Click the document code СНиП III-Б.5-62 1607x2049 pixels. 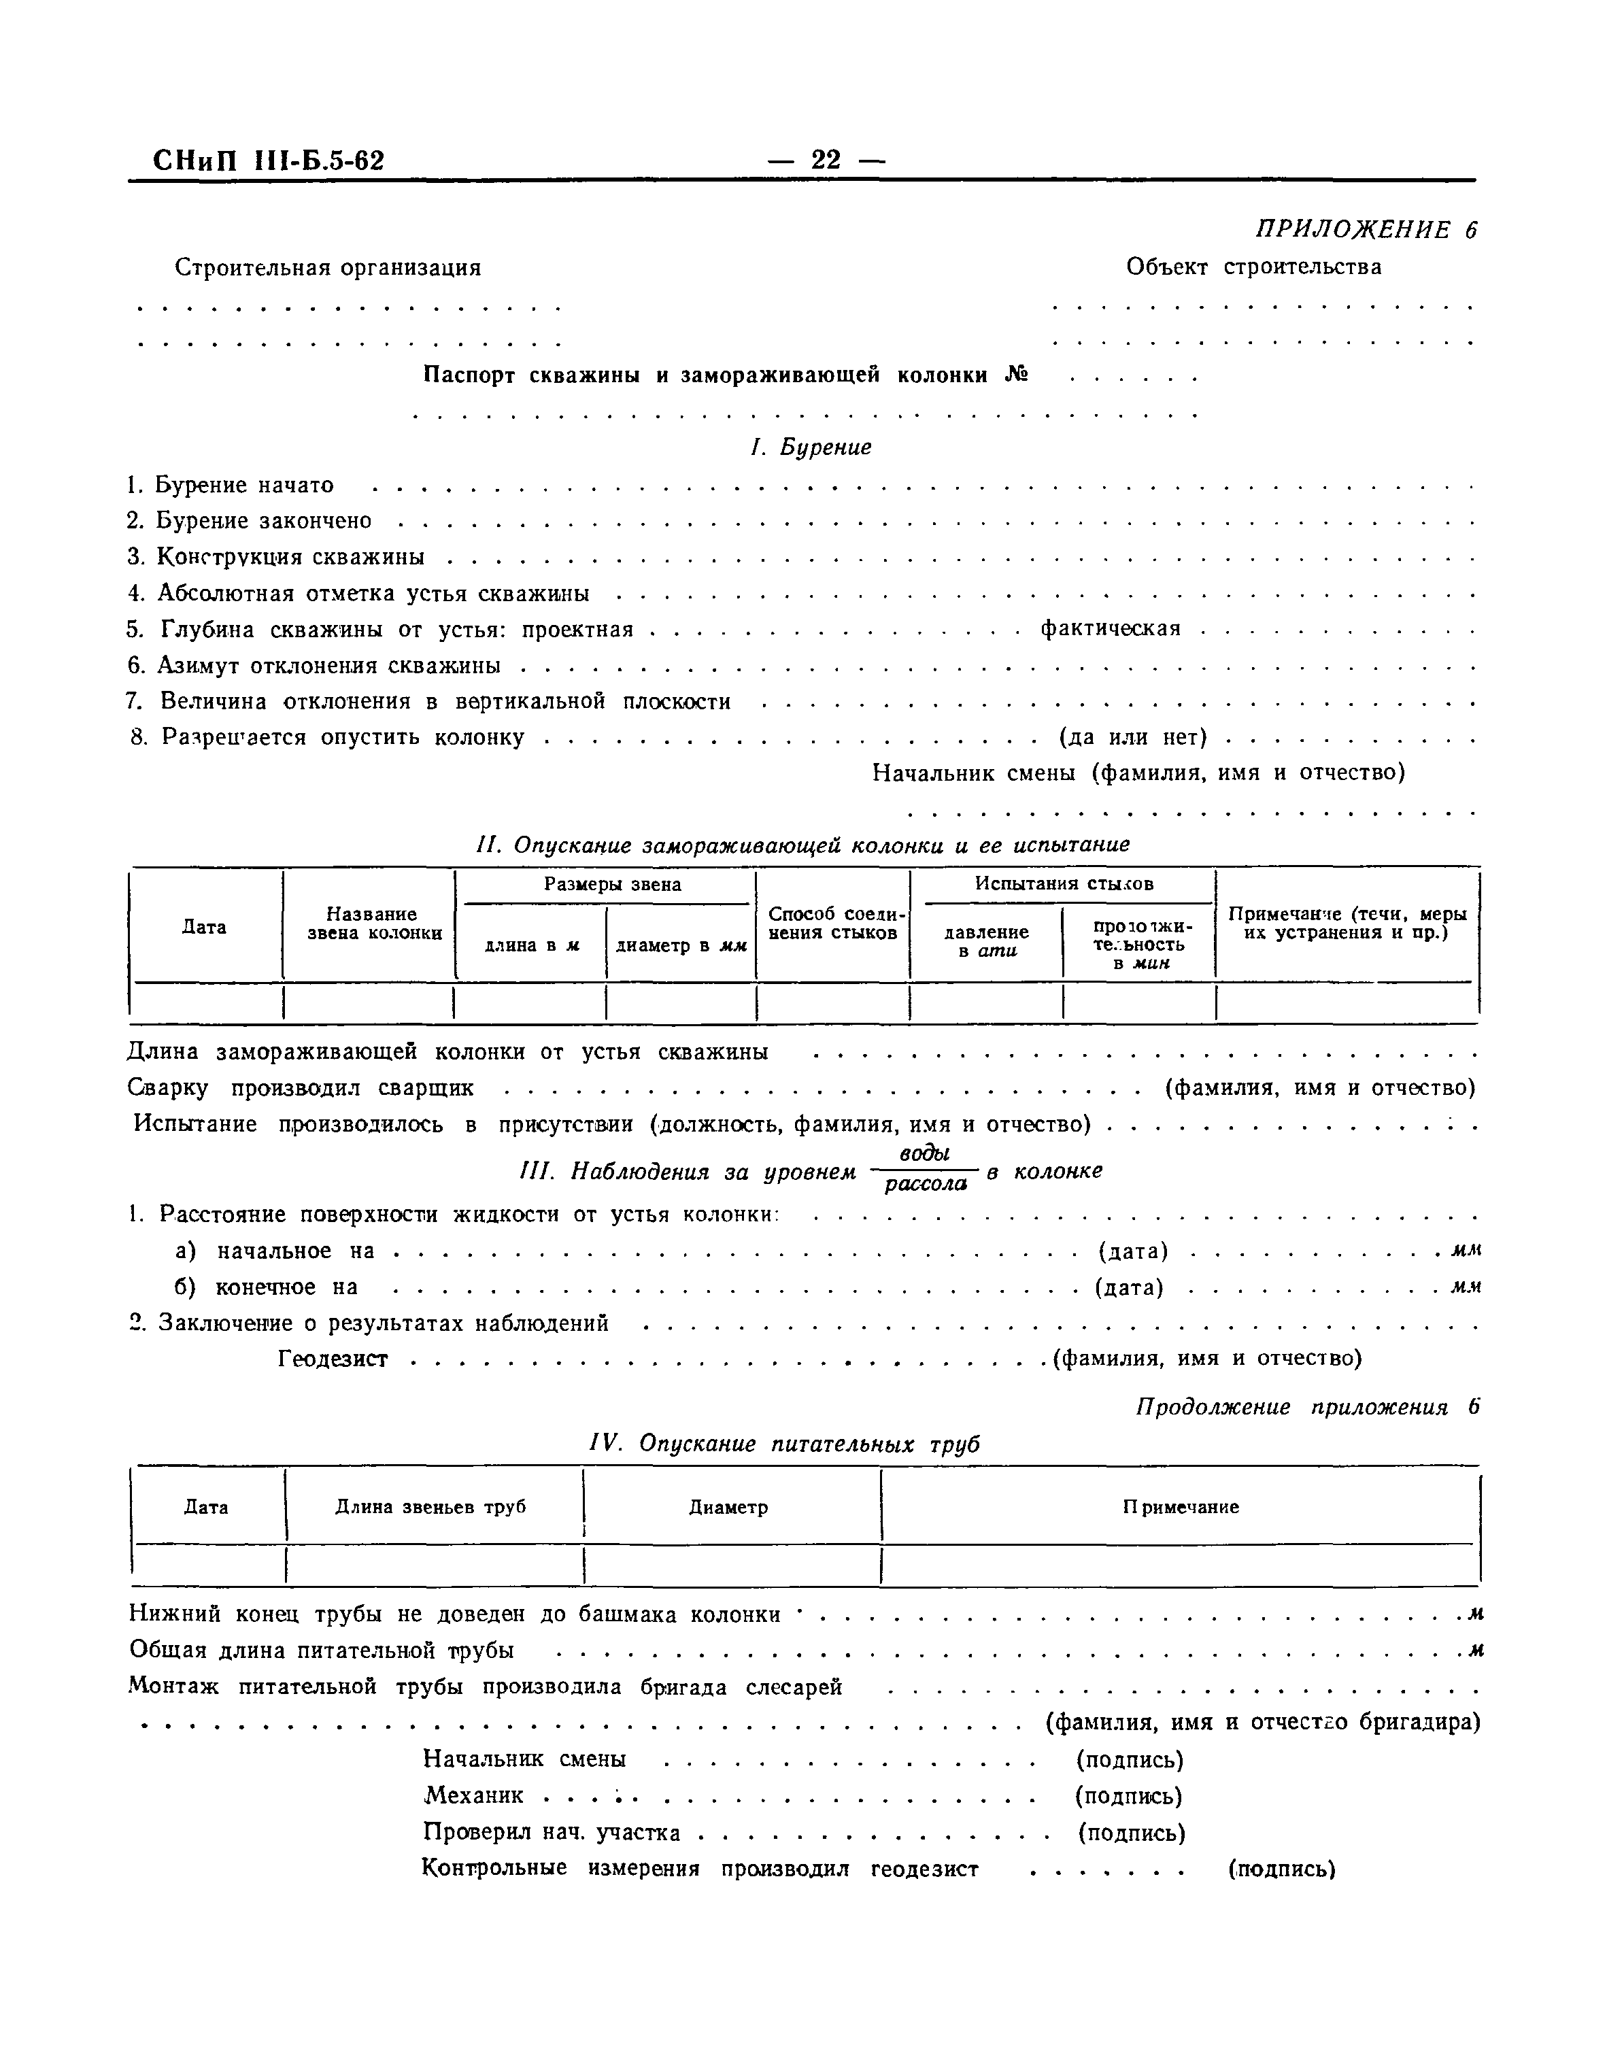(x=269, y=162)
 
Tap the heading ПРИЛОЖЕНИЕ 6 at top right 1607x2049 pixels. (x=1365, y=230)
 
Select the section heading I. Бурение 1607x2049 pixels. (x=810, y=447)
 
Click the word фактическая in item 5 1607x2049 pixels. (x=1111, y=628)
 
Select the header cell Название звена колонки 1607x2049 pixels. (x=371, y=923)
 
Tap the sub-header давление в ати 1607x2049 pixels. (x=985, y=941)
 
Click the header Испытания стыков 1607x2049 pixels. (x=1063, y=884)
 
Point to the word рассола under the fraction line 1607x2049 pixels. (x=926, y=1185)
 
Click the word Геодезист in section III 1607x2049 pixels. (x=333, y=1359)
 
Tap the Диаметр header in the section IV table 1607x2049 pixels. (x=728, y=1506)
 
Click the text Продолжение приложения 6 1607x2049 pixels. (x=1307, y=1408)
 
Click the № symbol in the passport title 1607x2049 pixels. (x=1016, y=375)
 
